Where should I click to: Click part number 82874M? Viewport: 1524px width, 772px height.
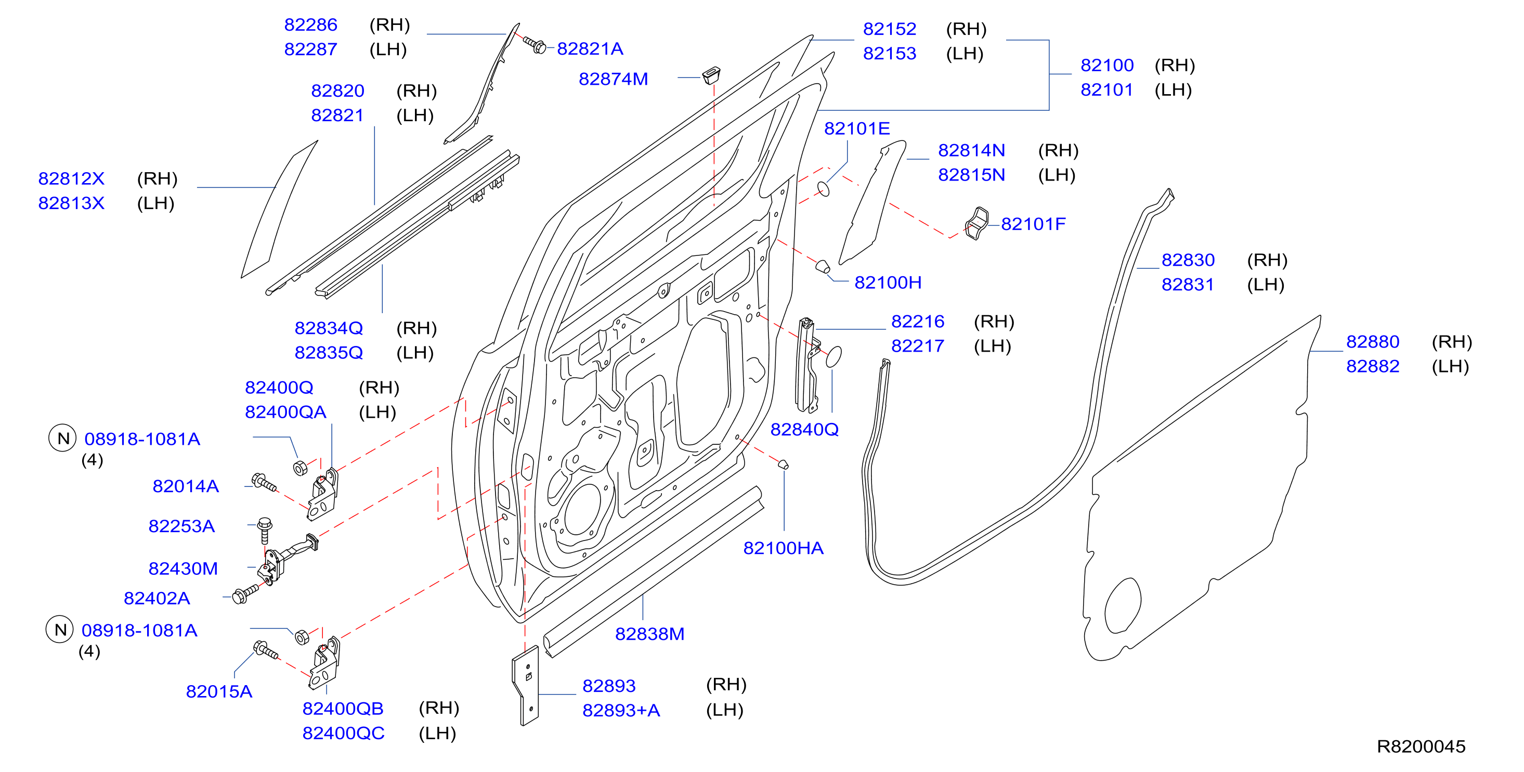pyautogui.click(x=613, y=79)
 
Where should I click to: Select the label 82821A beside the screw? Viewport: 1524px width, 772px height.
pyautogui.click(x=590, y=48)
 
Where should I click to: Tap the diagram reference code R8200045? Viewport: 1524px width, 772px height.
pyautogui.click(x=1421, y=746)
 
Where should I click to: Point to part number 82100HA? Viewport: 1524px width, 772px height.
pyautogui.click(x=783, y=548)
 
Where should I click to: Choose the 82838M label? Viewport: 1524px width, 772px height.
pyautogui.click(x=649, y=634)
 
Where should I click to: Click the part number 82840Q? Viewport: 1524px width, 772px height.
pyautogui.click(x=804, y=429)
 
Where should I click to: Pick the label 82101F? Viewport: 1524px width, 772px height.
pyautogui.click(x=1033, y=224)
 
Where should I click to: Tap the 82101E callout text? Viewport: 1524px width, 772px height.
pyautogui.click(x=857, y=128)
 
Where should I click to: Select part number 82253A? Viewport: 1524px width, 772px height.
pyautogui.click(x=181, y=526)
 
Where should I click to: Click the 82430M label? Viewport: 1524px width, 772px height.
pyautogui.click(x=183, y=569)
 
